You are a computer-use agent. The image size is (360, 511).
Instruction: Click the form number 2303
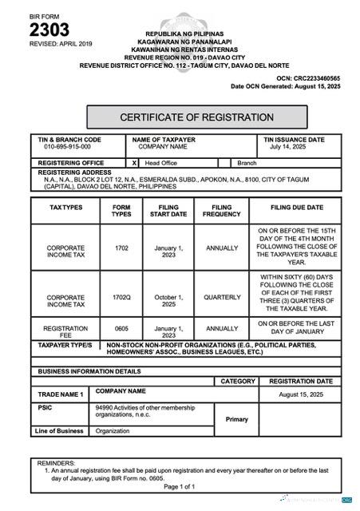(49, 30)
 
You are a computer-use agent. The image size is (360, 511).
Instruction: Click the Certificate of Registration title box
(197, 117)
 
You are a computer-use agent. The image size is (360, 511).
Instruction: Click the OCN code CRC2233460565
(319, 78)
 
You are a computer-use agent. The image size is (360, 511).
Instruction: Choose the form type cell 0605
(121, 328)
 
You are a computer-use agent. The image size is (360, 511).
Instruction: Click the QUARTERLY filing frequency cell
(222, 297)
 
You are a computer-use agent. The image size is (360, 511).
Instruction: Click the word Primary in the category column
(237, 419)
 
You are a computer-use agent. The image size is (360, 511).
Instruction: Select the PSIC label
(45, 407)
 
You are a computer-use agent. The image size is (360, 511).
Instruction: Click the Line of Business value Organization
(113, 431)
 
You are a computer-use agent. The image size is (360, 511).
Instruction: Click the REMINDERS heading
(57, 463)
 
